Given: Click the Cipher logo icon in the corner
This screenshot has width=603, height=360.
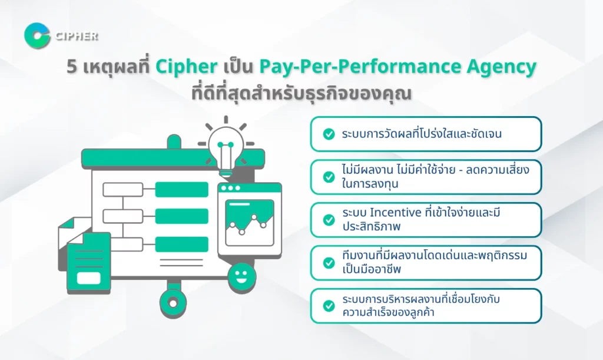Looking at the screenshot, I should [37, 35].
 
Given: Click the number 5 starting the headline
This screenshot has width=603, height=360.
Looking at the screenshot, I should [71, 67].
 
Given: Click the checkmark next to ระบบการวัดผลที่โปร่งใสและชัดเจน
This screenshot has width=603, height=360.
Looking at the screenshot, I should [329, 134].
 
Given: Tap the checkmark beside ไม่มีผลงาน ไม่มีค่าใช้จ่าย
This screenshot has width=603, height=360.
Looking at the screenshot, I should [329, 177].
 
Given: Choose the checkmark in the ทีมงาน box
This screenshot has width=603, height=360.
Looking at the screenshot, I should [329, 263].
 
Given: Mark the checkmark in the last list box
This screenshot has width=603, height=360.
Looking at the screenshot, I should [329, 306].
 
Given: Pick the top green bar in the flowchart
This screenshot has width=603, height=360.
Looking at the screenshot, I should [181, 190].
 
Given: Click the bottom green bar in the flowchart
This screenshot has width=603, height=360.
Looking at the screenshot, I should [181, 244].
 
